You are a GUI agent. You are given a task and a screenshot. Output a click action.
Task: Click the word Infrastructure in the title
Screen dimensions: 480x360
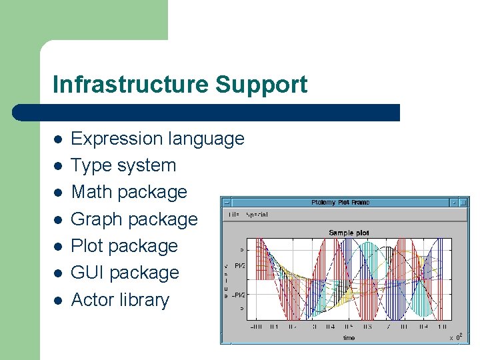[131, 85]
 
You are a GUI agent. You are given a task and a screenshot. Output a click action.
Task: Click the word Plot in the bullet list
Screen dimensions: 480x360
[87, 246]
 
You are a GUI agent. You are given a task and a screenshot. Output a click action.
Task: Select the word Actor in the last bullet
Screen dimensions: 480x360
[93, 300]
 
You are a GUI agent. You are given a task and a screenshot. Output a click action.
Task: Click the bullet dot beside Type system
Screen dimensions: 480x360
[59, 166]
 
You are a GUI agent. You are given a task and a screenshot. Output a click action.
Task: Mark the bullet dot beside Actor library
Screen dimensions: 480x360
[59, 301]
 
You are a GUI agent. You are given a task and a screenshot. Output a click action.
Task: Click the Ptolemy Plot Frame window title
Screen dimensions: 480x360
[340, 203]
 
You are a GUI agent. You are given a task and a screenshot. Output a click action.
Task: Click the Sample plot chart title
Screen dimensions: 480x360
[349, 233]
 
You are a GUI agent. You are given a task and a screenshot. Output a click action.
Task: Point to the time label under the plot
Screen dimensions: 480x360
[349, 338]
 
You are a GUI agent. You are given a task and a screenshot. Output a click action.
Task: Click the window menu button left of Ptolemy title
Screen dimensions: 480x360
[227, 203]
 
